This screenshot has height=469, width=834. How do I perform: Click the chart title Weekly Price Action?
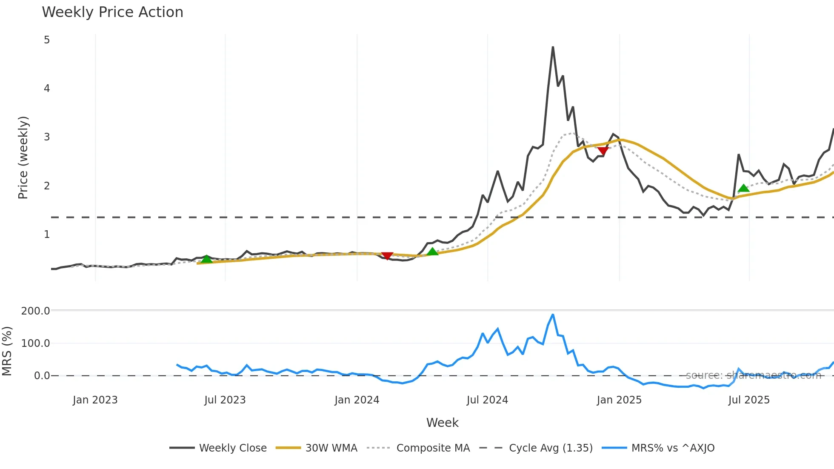click(x=112, y=12)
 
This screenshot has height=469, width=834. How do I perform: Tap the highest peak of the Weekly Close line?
click(x=553, y=47)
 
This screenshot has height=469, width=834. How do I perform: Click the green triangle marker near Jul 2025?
click(x=743, y=188)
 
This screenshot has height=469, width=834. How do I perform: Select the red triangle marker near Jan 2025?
click(x=603, y=151)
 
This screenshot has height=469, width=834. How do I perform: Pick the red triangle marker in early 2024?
click(x=387, y=255)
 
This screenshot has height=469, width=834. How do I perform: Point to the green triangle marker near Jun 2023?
click(x=206, y=259)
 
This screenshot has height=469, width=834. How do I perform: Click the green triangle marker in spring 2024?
click(x=432, y=252)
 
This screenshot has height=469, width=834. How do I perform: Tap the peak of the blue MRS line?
click(x=553, y=315)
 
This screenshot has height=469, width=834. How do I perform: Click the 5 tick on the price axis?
click(x=47, y=40)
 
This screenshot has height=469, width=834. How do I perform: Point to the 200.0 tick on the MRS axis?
click(x=36, y=311)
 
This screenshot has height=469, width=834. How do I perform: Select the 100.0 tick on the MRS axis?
click(x=36, y=343)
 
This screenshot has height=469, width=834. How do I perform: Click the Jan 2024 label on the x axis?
click(x=357, y=400)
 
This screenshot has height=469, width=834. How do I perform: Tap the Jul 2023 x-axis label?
click(x=225, y=400)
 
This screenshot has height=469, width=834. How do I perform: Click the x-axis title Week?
click(x=442, y=423)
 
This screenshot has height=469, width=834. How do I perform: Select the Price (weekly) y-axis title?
click(x=23, y=157)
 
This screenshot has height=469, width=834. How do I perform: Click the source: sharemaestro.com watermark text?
click(x=753, y=375)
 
